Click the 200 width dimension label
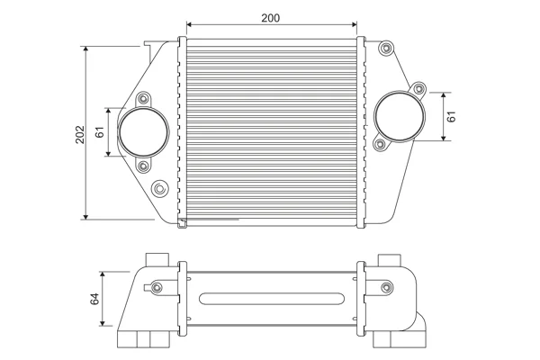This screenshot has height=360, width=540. pos(270,18)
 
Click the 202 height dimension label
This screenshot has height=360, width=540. pos(80,134)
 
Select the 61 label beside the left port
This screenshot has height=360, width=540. pos(100,132)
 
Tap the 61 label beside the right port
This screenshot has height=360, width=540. pos(451,116)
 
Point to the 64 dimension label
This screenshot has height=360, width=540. pos(94,299)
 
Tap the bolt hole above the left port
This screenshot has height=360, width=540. pos(143,100)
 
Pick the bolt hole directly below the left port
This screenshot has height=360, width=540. pos(143,166)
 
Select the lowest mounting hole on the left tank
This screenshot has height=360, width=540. pos(159,189)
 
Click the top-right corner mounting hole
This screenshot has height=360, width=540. pos(386,48)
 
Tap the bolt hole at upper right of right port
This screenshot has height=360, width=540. pos(418,89)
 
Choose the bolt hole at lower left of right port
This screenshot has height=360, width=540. pos(380,144)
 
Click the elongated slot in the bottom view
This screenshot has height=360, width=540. pos(272,299)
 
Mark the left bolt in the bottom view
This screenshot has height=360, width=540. pos(157,287)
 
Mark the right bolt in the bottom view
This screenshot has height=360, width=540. pos(387,287)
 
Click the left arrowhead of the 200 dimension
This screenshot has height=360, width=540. pos(189,24)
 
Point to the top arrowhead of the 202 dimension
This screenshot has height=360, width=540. pos(85,49)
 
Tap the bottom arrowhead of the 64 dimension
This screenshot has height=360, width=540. pos(103,323)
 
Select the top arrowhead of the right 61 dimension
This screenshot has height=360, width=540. pos(444,95)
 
